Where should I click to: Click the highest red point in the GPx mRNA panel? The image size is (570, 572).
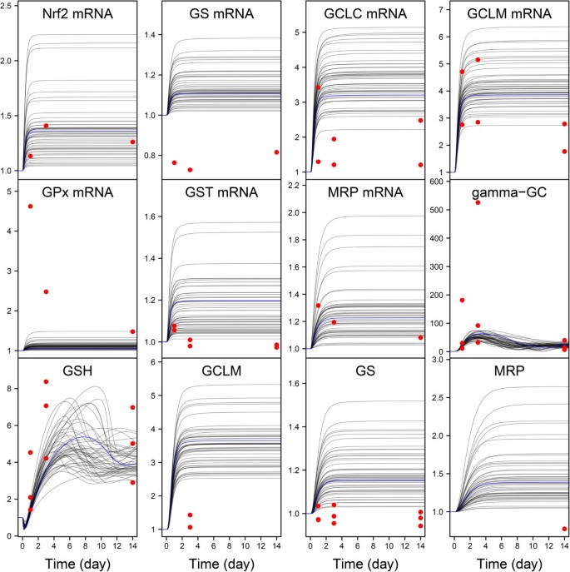(30, 206)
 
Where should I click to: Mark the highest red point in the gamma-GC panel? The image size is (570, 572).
(478, 202)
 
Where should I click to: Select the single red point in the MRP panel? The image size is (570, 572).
(564, 529)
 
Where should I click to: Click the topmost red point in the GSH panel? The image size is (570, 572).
(46, 381)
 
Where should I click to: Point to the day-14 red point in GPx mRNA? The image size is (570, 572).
(132, 331)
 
